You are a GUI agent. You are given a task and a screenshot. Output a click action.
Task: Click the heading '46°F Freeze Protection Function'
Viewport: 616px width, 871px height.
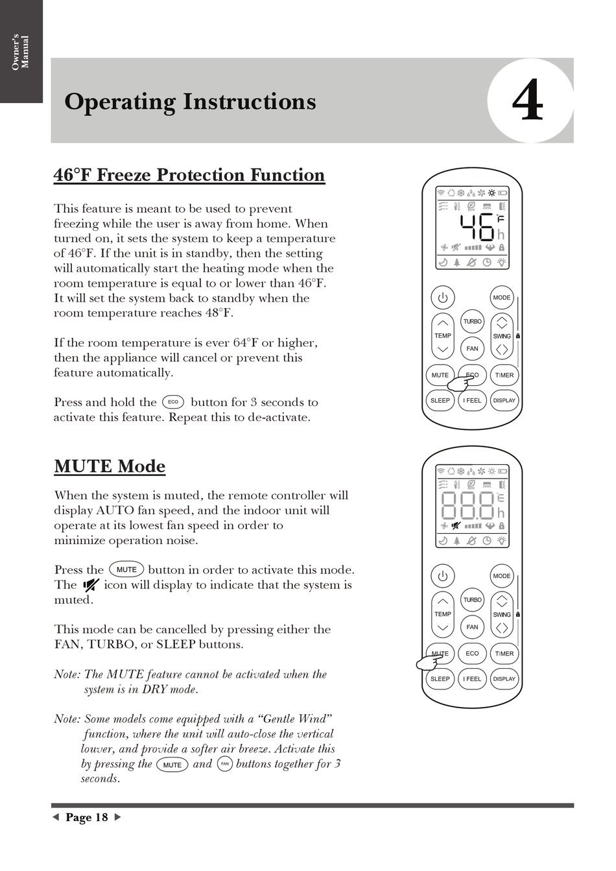(x=189, y=175)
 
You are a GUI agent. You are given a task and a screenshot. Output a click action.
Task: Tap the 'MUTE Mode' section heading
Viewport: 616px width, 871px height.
(x=110, y=466)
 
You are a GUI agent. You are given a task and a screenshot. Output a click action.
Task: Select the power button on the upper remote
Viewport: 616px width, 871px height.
(x=443, y=298)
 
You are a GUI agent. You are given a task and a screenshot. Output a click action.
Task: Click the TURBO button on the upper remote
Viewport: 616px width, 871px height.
(x=472, y=322)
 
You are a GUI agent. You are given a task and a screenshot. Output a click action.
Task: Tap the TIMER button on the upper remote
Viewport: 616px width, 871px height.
(x=504, y=375)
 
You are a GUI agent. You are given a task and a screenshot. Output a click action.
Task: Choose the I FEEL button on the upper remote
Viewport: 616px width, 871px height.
(x=472, y=400)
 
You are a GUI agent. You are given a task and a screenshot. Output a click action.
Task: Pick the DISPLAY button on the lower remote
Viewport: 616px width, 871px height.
(x=504, y=679)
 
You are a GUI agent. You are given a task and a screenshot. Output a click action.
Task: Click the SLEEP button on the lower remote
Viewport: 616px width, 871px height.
(x=440, y=679)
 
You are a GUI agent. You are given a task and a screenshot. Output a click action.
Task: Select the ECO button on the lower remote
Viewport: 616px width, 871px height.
(x=472, y=654)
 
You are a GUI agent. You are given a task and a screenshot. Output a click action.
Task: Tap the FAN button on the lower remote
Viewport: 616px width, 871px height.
(x=472, y=626)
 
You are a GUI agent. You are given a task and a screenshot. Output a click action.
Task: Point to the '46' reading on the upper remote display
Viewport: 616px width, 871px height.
(x=477, y=227)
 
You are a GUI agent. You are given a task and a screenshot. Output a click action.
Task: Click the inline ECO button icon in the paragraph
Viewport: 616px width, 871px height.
(x=173, y=402)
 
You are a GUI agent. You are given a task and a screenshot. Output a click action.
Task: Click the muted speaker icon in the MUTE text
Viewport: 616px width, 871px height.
(x=90, y=585)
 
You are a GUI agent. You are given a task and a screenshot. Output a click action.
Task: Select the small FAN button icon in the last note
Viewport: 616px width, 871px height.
(x=224, y=764)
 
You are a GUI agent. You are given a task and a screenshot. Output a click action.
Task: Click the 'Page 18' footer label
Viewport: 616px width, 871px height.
(x=87, y=817)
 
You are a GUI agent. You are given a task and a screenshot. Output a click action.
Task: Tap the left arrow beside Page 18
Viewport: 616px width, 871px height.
(x=56, y=817)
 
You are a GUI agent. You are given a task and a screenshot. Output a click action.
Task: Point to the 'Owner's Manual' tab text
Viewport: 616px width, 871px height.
(x=21, y=52)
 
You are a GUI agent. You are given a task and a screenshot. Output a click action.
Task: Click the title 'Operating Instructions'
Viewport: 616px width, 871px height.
(x=190, y=102)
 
